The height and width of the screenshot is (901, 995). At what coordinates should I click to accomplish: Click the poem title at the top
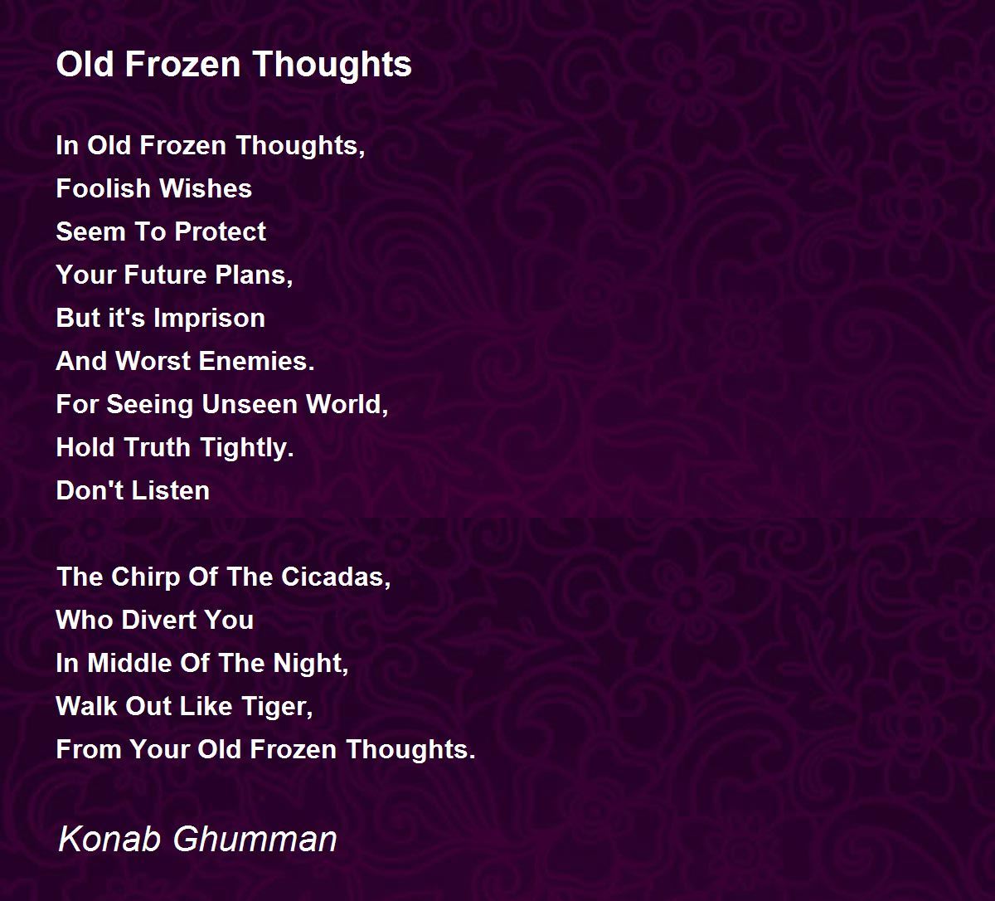[x=234, y=66]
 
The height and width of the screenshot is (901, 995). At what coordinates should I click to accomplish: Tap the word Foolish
[x=103, y=188]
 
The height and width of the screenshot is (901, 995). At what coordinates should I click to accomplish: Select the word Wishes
[x=206, y=188]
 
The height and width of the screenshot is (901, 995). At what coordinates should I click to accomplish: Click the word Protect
[x=221, y=231]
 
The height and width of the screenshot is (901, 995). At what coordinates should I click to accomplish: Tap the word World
[x=347, y=406]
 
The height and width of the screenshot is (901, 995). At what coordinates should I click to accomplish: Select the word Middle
[x=129, y=664]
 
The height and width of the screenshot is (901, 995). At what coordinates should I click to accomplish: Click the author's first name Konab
[x=109, y=840]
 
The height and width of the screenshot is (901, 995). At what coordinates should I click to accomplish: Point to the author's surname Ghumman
[x=255, y=840]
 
